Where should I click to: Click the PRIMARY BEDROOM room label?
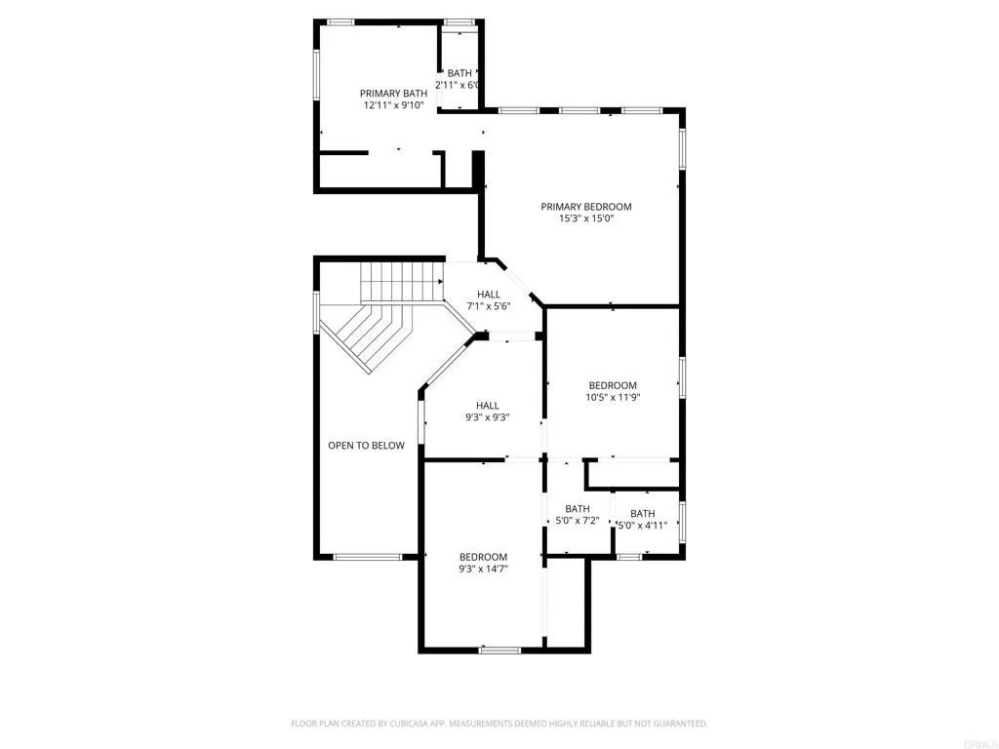pyautogui.click(x=586, y=206)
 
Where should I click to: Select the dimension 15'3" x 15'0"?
pyautogui.click(x=586, y=219)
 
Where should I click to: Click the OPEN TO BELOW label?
pyautogui.click(x=366, y=446)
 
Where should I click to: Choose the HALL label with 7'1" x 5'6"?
pyautogui.click(x=489, y=295)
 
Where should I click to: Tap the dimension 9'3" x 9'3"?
pyautogui.click(x=488, y=417)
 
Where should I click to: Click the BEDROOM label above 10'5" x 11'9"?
pyautogui.click(x=613, y=385)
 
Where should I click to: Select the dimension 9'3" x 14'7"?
pyautogui.click(x=484, y=569)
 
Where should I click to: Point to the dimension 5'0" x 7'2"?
pyautogui.click(x=578, y=522)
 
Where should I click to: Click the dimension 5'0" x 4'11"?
pyautogui.click(x=643, y=527)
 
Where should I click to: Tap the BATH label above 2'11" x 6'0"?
pyautogui.click(x=460, y=73)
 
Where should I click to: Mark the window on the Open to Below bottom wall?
pyautogui.click(x=368, y=557)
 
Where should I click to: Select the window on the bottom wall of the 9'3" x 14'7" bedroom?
pyautogui.click(x=500, y=649)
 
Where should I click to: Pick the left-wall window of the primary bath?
pyautogui.click(x=315, y=74)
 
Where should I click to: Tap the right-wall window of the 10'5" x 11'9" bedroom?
pyautogui.click(x=682, y=377)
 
